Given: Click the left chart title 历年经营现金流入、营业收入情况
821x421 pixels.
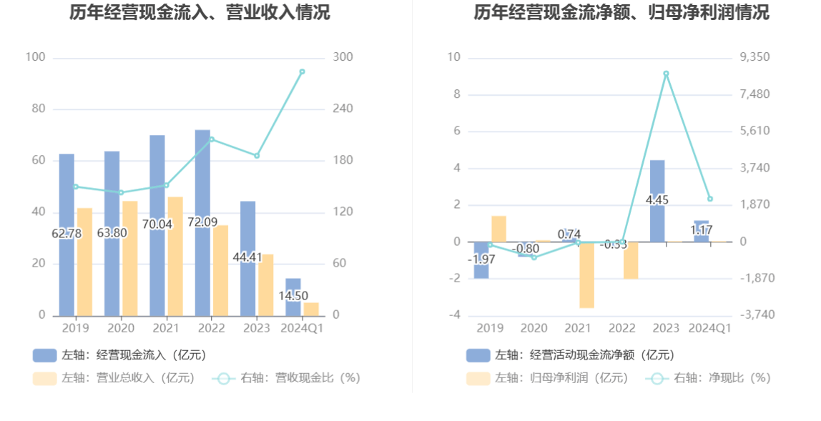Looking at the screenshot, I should coord(200,12).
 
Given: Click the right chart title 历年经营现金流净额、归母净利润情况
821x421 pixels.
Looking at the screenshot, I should coord(621,12).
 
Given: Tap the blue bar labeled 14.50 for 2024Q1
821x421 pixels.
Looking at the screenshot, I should coord(293,297).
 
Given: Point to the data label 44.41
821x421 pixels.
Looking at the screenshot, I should coord(247,257).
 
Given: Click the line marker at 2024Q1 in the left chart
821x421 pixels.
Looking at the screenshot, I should coord(302,71).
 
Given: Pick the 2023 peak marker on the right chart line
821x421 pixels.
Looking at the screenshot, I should coord(666,74).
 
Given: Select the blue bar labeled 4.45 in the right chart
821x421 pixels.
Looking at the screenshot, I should coord(657,201).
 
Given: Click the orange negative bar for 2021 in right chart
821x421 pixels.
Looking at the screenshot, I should coord(587,275).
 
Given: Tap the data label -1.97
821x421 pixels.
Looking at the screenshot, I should coord(481,259).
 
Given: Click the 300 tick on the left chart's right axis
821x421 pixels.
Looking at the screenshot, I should coord(343,57).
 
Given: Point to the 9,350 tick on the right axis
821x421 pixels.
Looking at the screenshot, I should coord(754,57).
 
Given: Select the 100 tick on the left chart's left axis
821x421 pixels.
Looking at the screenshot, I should coord(35,57).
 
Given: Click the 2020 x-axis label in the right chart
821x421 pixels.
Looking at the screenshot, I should coord(534,328).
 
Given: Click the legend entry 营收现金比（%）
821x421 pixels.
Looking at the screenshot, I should coord(287,378).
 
